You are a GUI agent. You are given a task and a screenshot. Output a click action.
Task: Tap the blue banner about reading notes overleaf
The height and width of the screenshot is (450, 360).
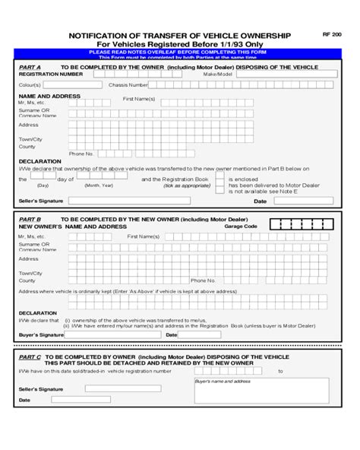tap(179, 52)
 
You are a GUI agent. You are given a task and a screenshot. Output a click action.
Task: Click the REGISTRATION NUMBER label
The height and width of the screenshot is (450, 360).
tap(51, 74)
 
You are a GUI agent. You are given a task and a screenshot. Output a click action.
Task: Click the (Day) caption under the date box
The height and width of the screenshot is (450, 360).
tap(43, 185)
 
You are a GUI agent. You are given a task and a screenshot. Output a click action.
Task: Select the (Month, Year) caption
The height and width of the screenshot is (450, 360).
tap(99, 185)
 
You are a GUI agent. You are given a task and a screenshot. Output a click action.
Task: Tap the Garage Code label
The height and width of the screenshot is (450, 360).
tap(241, 226)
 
